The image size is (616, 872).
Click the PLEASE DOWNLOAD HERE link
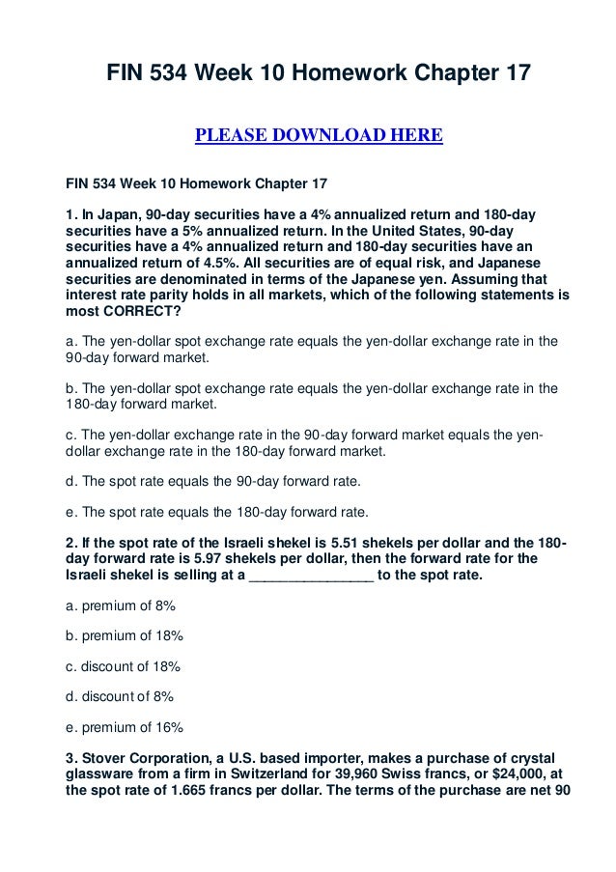click(319, 133)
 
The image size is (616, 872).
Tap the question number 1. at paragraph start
click(70, 211)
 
